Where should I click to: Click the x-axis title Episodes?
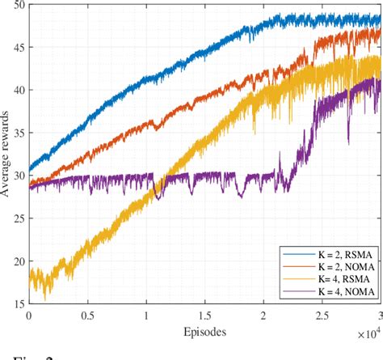[205, 332]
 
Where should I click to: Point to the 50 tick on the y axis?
[18, 6]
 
